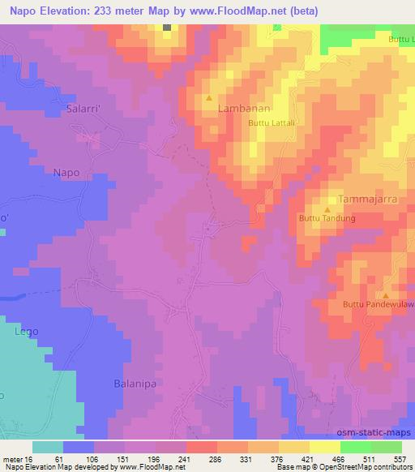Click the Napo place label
click(x=66, y=172)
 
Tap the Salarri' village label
click(x=72, y=109)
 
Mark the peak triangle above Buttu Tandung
click(x=327, y=209)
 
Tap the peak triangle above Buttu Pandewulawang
click(x=386, y=295)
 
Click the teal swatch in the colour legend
click(x=48, y=447)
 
